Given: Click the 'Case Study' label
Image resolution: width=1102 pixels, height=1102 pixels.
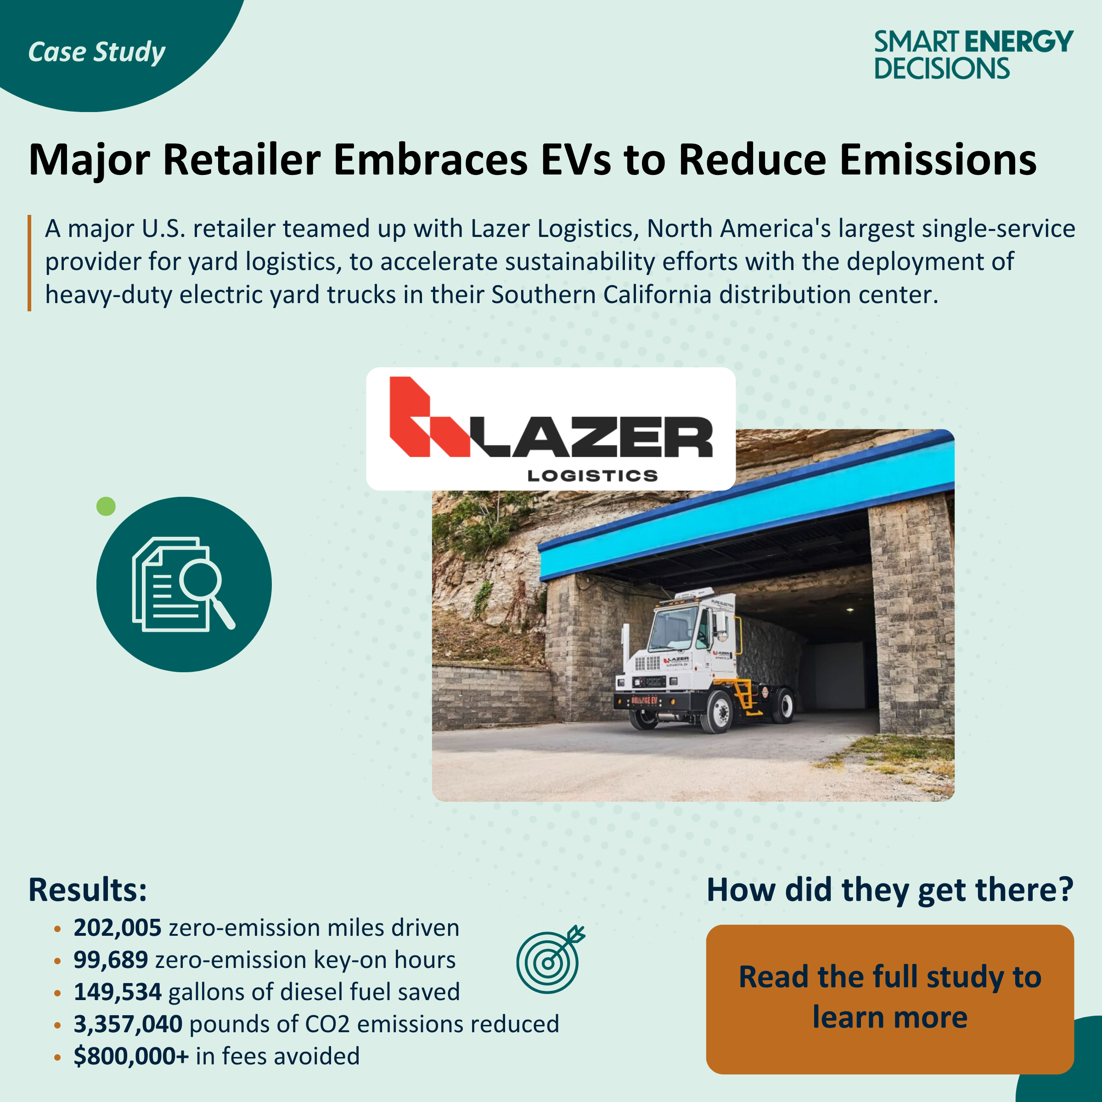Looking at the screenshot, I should point(96,52).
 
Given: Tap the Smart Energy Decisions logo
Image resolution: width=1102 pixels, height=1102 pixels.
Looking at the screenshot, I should point(973,55).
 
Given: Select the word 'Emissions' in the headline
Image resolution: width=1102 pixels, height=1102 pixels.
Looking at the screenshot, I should point(938,160).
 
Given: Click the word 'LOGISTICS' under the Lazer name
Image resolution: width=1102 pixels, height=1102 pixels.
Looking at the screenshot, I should point(592,476).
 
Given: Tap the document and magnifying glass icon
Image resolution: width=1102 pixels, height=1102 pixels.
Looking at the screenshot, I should point(184,584).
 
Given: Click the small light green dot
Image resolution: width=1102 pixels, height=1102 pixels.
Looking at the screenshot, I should point(106,506).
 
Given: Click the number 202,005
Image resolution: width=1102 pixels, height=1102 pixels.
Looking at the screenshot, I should point(118,928).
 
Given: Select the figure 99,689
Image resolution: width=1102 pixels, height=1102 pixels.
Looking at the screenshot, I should point(111,960).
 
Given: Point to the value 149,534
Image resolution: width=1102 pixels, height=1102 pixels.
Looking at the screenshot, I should point(118,992).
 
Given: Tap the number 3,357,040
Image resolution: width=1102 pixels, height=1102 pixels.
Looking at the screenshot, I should point(128,1024).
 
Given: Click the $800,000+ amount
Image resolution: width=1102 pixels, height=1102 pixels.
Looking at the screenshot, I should point(130,1056).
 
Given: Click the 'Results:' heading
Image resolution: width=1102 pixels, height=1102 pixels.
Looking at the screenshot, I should point(88,890).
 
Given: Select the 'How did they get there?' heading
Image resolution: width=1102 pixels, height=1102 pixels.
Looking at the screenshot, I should point(890,890).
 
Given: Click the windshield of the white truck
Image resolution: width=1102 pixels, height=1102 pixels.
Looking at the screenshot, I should point(674,631).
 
